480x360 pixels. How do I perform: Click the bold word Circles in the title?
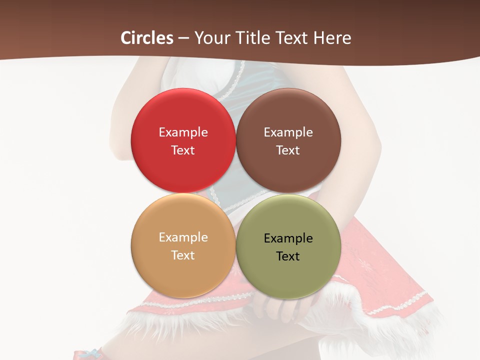(x=147, y=38)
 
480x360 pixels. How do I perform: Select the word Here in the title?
(x=332, y=38)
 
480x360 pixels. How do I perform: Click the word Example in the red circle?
(x=183, y=132)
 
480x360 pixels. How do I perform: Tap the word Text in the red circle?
(x=183, y=150)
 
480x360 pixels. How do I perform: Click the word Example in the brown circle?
(x=288, y=132)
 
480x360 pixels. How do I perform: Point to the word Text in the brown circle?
(x=288, y=150)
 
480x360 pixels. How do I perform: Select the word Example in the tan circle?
(x=183, y=237)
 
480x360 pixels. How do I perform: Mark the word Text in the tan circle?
(x=183, y=255)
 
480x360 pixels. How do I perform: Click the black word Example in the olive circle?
(x=288, y=238)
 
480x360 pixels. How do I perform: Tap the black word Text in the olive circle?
(x=288, y=256)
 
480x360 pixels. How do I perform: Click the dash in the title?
(x=183, y=38)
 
